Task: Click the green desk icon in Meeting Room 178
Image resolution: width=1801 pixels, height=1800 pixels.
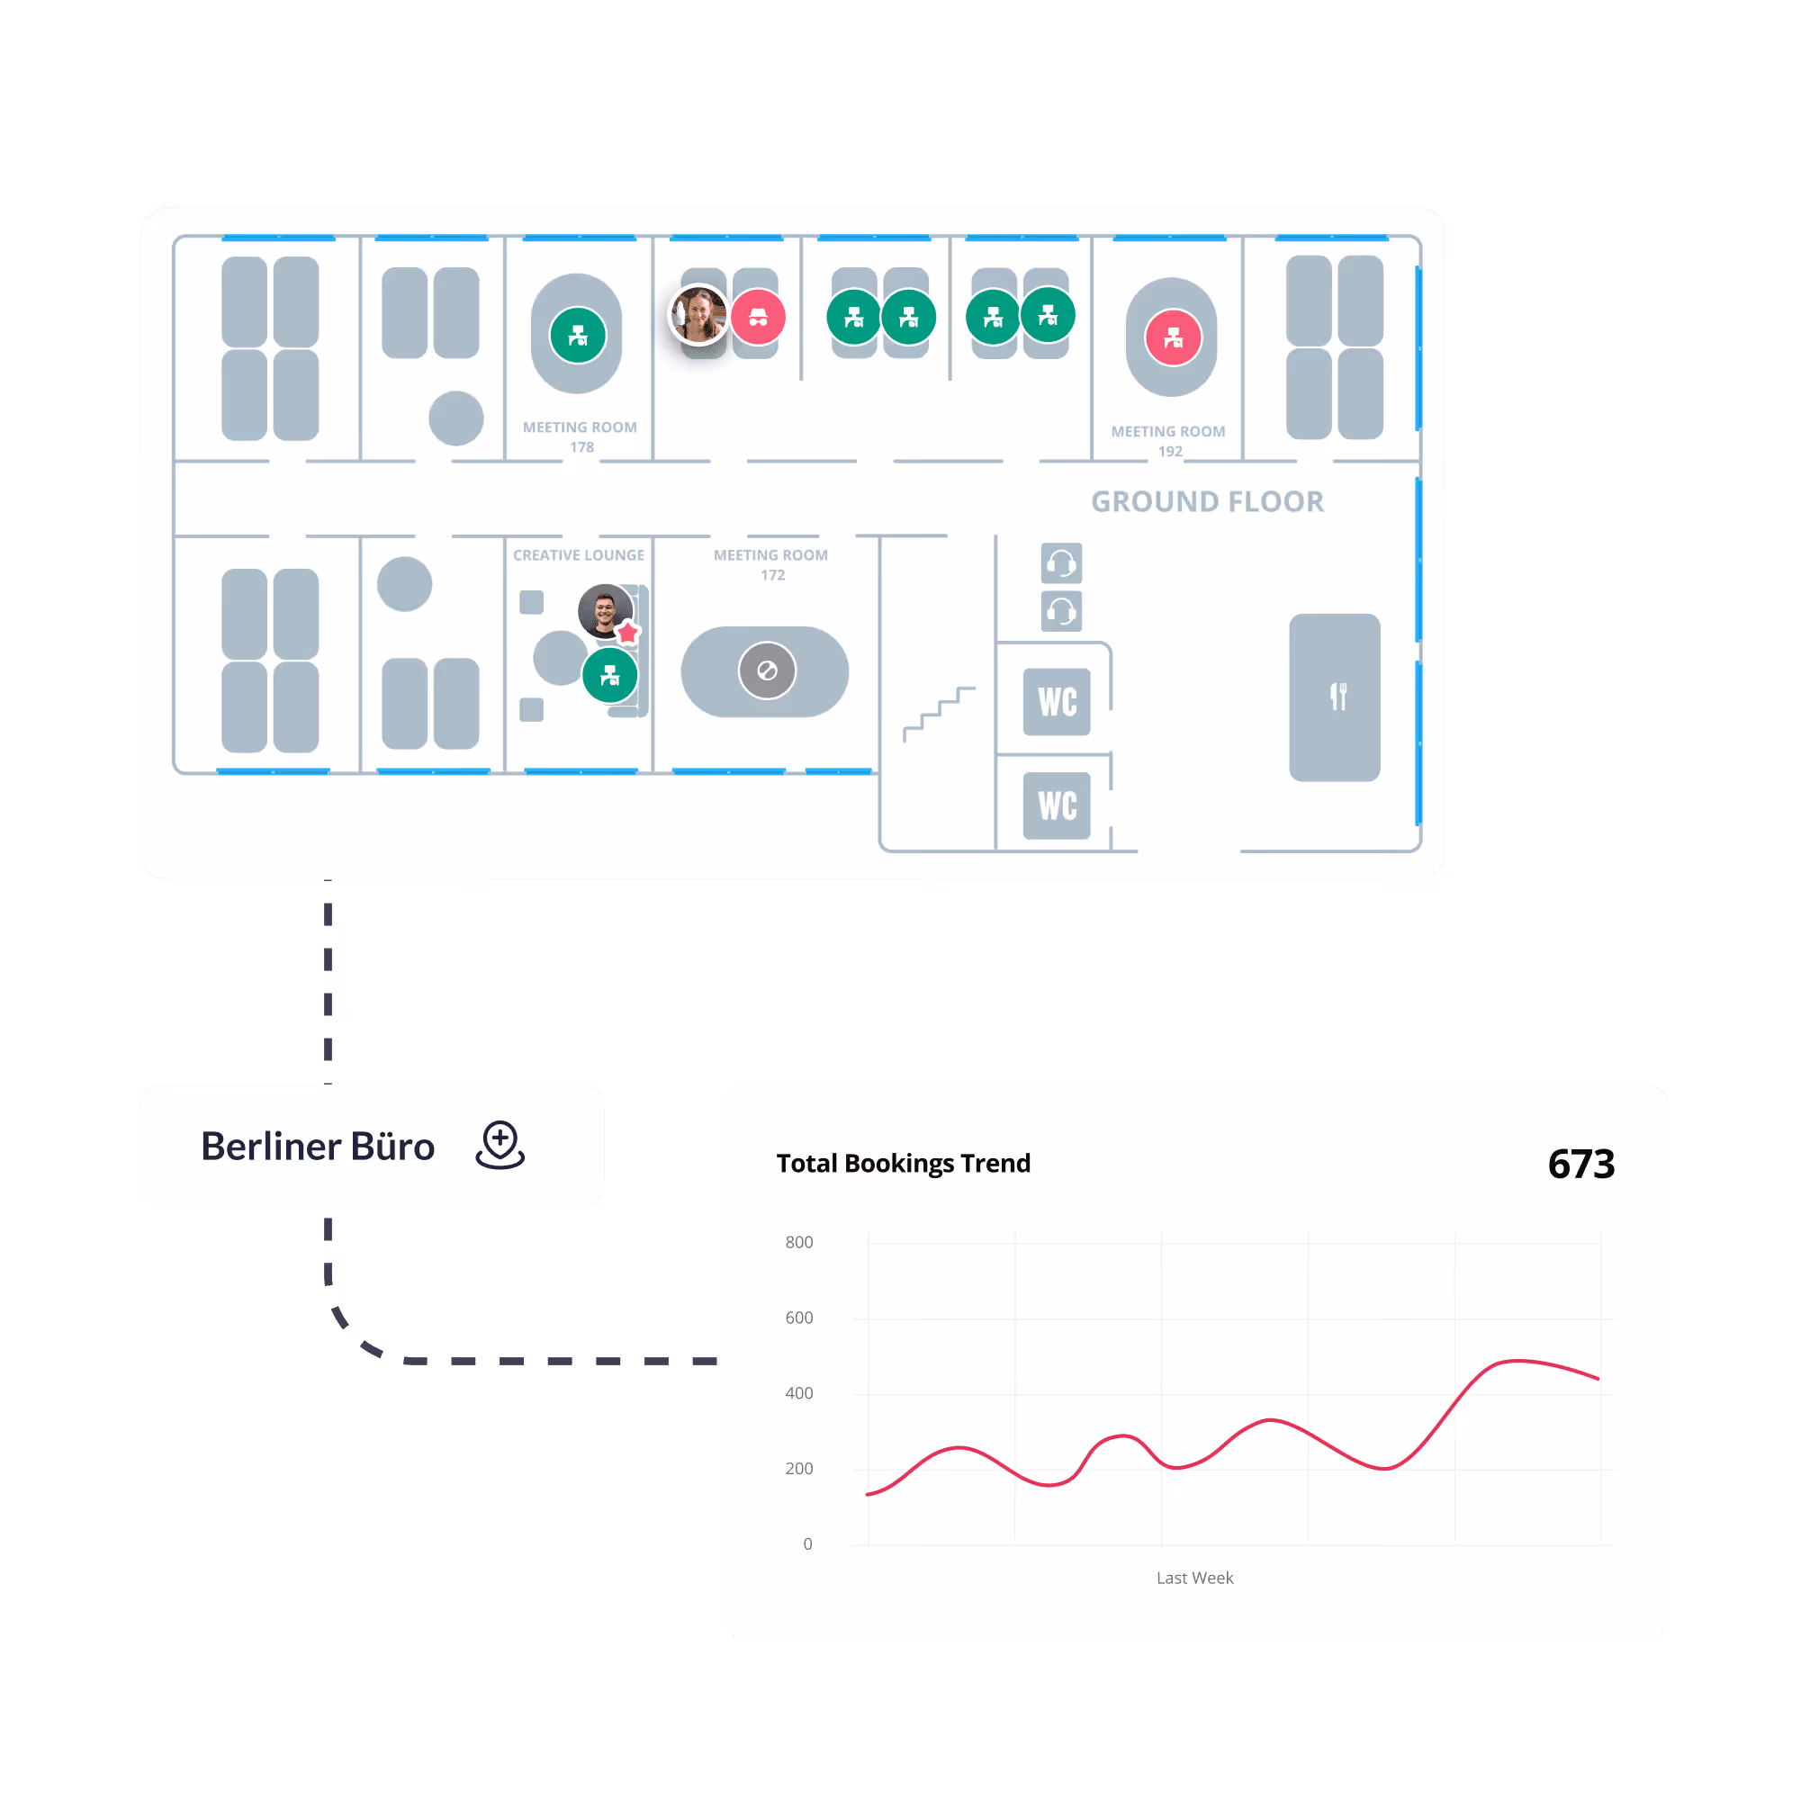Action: click(x=578, y=336)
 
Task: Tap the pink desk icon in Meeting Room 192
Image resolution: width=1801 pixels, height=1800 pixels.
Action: click(x=1173, y=337)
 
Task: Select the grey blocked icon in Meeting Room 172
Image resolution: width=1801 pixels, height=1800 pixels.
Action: click(x=766, y=670)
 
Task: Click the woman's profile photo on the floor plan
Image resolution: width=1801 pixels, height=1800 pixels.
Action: click(x=699, y=314)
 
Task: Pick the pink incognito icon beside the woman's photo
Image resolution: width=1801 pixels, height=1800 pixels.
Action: click(x=758, y=317)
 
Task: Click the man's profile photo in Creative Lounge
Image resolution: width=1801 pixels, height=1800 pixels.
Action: click(x=605, y=610)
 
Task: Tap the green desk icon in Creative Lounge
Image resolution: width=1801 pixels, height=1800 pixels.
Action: click(x=609, y=675)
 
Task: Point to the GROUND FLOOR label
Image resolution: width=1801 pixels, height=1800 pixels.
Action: click(x=1207, y=501)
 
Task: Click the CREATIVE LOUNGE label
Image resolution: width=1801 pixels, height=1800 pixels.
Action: click(x=578, y=554)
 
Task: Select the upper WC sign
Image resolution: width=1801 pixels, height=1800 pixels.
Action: click(x=1056, y=702)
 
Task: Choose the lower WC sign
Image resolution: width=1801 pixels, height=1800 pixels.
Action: click(x=1056, y=805)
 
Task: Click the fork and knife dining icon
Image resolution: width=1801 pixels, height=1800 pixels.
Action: click(x=1337, y=697)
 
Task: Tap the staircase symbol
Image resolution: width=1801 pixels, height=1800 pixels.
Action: click(x=939, y=713)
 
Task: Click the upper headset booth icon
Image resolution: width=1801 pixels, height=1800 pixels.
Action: click(x=1061, y=563)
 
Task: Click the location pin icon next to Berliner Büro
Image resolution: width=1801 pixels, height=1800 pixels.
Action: click(x=500, y=1144)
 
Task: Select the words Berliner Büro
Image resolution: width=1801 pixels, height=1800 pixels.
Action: click(x=318, y=1146)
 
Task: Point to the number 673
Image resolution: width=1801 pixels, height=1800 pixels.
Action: click(x=1580, y=1164)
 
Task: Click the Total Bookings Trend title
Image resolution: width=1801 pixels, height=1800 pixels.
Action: click(x=903, y=1164)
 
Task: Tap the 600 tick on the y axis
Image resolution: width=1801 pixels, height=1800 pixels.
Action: click(x=799, y=1317)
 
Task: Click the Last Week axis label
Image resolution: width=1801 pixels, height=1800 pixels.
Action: click(x=1194, y=1577)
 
